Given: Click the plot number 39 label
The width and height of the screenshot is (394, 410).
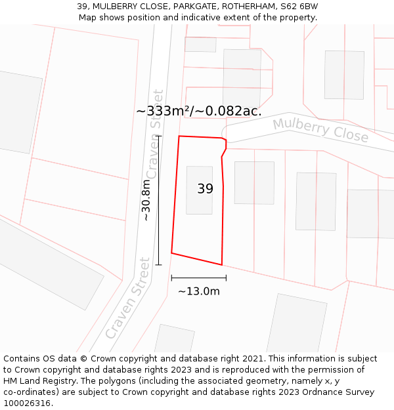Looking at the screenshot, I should click(x=205, y=189).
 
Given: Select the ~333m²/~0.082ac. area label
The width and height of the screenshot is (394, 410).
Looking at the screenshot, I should click(x=198, y=111).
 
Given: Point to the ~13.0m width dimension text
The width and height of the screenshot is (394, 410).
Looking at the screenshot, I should click(x=198, y=291).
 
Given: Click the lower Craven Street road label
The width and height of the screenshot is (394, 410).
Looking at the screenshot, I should click(x=127, y=298).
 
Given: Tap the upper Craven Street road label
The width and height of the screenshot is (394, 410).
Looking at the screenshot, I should click(x=154, y=134).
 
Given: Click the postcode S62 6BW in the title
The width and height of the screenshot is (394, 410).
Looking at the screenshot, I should click(x=299, y=6).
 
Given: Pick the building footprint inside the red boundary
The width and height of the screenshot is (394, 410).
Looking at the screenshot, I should click(x=199, y=190).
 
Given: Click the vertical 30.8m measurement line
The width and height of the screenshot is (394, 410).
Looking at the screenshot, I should click(x=158, y=200).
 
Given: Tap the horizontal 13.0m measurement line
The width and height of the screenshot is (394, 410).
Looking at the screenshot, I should click(x=198, y=278).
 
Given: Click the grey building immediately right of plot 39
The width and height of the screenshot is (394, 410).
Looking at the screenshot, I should click(x=254, y=182).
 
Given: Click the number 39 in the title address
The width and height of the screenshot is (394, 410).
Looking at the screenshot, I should click(x=82, y=6).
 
